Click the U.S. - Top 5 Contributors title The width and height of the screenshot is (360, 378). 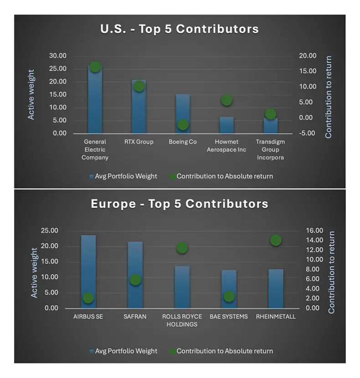pos(180,29)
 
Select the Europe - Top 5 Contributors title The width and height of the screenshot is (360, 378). pos(180,204)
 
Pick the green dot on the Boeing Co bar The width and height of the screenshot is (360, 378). pos(183,125)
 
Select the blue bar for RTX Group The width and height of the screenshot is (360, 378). pos(139,107)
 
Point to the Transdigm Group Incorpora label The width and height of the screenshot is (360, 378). pos(271,149)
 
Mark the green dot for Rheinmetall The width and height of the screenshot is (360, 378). pos(276,240)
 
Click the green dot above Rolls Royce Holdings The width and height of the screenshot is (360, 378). pos(182,248)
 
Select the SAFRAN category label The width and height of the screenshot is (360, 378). pos(135,317)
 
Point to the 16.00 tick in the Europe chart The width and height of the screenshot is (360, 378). pos(314,230)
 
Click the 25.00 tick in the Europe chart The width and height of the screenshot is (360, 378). pos(61,230)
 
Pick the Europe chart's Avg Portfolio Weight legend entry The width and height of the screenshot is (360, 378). pos(123,351)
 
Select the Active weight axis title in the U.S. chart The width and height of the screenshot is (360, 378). pos(31,95)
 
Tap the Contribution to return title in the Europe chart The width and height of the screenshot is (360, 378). pos(331,272)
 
